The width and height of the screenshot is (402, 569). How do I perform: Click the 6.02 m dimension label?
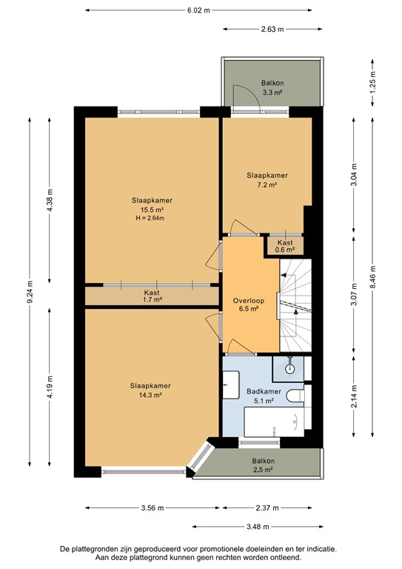(x=198, y=10)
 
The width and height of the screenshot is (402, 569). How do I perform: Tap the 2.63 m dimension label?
(x=272, y=30)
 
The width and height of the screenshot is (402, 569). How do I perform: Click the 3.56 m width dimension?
(x=151, y=508)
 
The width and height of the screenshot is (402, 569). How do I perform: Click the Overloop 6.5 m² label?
(x=245, y=306)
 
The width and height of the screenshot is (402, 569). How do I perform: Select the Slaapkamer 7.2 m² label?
(x=267, y=180)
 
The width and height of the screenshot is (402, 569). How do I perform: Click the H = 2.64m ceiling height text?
(x=152, y=219)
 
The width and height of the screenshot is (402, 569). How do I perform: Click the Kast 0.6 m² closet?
(x=284, y=246)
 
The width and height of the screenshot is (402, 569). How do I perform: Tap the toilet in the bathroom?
(x=296, y=396)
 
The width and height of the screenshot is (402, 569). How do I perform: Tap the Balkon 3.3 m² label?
(x=272, y=88)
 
